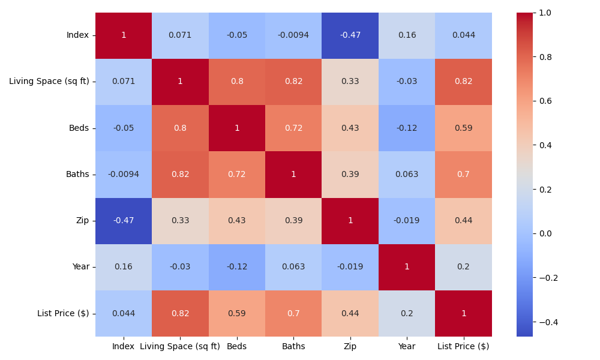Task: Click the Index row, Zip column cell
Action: pyautogui.click(x=350, y=35)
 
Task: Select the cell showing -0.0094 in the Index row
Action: pyautogui.click(x=293, y=35)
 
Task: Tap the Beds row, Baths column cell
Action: pyautogui.click(x=293, y=128)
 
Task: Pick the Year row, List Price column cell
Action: pyautogui.click(x=464, y=267)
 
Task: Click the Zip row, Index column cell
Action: pyautogui.click(x=124, y=221)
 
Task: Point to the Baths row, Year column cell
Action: pyautogui.click(x=407, y=175)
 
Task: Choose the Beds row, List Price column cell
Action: pyautogui.click(x=464, y=128)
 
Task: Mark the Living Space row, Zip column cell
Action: pyautogui.click(x=350, y=82)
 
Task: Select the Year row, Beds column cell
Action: pyautogui.click(x=237, y=267)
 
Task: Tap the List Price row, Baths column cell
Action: pyautogui.click(x=293, y=313)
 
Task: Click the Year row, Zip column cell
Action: pyautogui.click(x=350, y=267)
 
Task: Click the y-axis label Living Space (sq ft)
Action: pyautogui.click(x=49, y=82)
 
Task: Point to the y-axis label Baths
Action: pyautogui.click(x=77, y=175)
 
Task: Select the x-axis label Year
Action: pyautogui.click(x=407, y=346)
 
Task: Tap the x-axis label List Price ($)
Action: pyautogui.click(x=464, y=346)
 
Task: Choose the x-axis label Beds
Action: pyautogui.click(x=237, y=346)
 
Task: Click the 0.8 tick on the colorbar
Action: pyautogui.click(x=545, y=57)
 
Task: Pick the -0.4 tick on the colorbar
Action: pyautogui.click(x=547, y=322)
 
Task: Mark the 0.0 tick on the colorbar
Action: pyautogui.click(x=545, y=233)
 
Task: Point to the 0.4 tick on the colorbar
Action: pyautogui.click(x=545, y=145)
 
